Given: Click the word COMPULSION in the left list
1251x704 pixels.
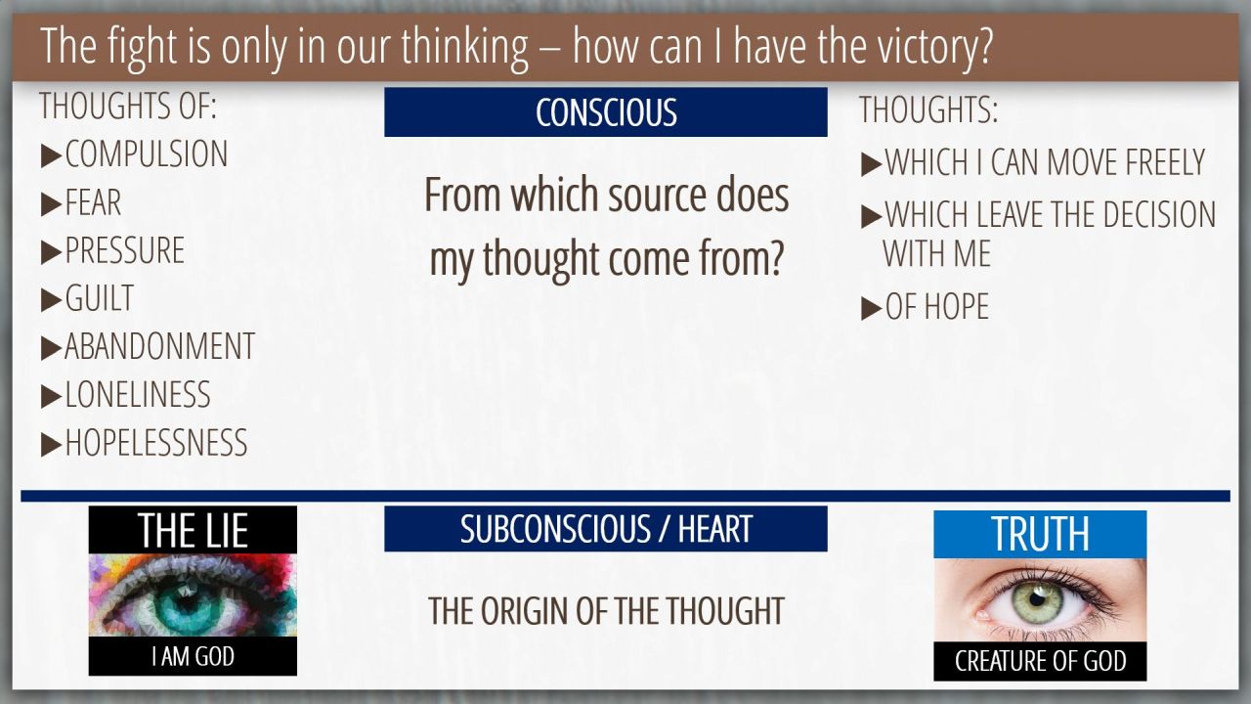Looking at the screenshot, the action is (147, 154).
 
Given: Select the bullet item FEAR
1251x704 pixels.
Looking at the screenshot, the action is (93, 201).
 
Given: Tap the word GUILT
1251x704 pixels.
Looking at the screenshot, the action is (100, 298).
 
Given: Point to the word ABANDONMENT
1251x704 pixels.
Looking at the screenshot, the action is (159, 346).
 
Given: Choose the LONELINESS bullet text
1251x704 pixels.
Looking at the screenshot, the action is (138, 394).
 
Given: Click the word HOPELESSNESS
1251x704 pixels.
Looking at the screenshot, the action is (156, 442).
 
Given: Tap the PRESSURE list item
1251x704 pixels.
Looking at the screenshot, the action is (124, 249).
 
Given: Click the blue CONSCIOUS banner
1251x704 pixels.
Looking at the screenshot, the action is (605, 111).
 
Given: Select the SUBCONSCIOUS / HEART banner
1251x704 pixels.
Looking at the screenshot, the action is (605, 529).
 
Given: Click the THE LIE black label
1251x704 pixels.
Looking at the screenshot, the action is (193, 530).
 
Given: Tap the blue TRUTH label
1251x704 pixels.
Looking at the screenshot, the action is (1040, 534).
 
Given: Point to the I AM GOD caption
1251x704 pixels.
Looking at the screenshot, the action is (193, 656).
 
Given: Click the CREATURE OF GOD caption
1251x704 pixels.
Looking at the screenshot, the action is (1040, 661).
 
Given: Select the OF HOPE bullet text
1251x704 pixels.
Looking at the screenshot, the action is (937, 306).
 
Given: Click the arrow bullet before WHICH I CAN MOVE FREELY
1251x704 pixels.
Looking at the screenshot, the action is (871, 163).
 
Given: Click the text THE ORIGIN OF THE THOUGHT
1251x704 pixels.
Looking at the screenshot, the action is (606, 611).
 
